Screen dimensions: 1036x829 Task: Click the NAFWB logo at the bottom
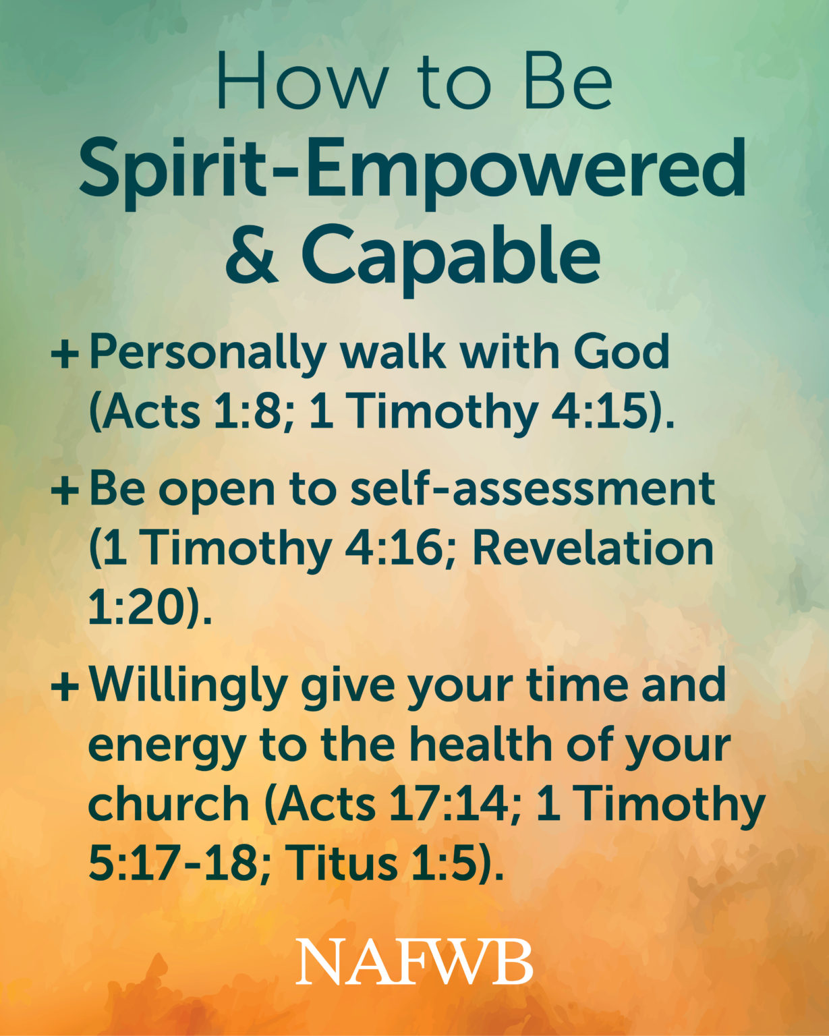[x=414, y=961]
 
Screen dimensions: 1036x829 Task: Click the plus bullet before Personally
[x=65, y=354]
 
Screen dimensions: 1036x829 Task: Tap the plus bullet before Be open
[x=65, y=490]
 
